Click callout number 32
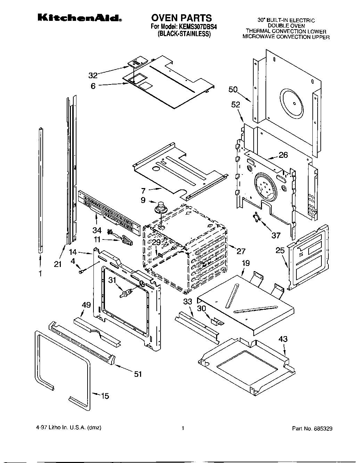pos(93,75)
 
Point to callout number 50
pos(233,90)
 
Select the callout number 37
pos(276,236)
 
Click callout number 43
pos(283,339)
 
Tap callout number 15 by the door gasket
pos(104,396)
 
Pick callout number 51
pos(138,374)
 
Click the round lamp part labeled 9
pos(161,207)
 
